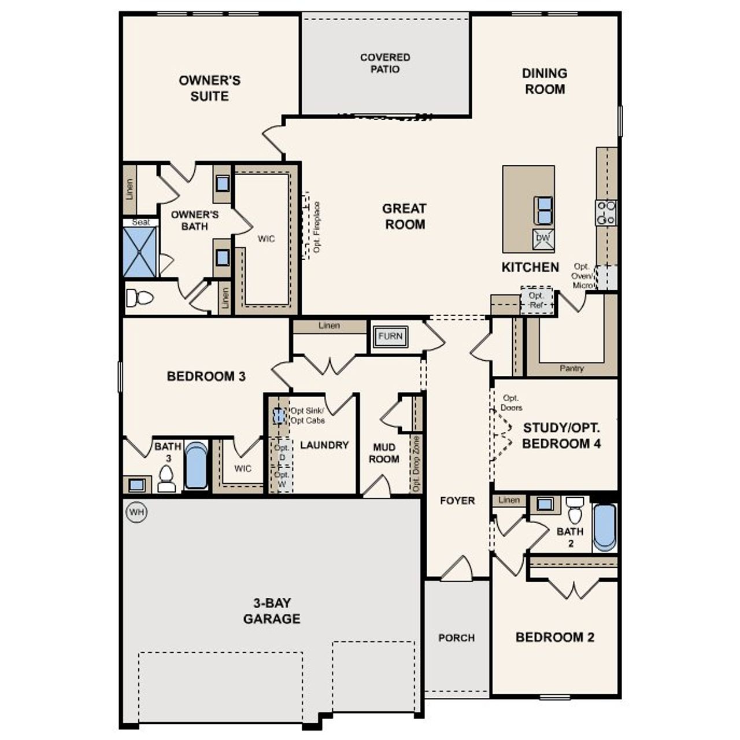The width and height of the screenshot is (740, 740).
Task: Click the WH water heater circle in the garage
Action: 136,512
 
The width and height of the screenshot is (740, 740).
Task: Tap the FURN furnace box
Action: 390,336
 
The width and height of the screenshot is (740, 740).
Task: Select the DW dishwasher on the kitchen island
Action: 543,238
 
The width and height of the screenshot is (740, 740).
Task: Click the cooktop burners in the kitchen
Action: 606,212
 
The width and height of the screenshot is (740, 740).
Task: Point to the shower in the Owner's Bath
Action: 140,252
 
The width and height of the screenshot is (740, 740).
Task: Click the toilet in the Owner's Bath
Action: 139,298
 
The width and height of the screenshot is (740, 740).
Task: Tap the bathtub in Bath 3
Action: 196,465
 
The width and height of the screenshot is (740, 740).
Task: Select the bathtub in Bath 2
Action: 604,527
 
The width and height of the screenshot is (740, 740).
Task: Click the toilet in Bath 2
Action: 574,510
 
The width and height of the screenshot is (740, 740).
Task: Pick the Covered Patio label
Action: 385,63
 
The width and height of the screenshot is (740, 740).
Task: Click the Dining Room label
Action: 544,81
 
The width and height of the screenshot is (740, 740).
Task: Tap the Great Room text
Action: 405,216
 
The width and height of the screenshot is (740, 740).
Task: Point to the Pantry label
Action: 571,368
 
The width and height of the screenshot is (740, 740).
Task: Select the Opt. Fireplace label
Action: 316,227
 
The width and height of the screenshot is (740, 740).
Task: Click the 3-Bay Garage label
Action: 271,611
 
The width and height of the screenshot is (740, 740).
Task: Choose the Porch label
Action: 456,638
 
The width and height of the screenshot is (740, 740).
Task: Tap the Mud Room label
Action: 384,453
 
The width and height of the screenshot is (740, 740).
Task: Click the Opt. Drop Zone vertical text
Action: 416,464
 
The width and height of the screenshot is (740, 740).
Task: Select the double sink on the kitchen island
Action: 543,210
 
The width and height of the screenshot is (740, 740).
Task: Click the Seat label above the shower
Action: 140,222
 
